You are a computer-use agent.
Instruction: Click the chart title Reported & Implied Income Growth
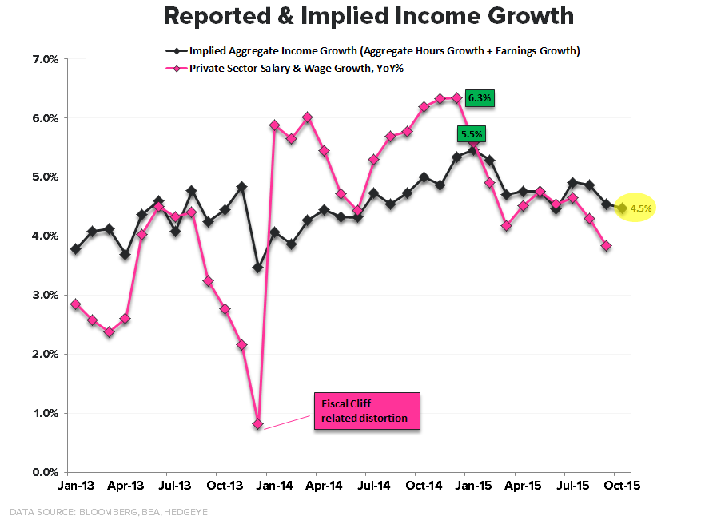pos(368,16)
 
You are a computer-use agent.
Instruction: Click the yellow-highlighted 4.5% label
pos(642,208)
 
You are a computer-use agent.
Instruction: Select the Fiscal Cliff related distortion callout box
pos(365,411)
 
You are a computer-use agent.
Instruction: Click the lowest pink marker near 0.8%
pos(257,424)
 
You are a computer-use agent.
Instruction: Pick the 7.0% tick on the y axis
pos(45,59)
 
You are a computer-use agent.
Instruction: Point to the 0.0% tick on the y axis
pos(45,472)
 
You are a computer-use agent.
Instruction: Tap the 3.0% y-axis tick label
pos(45,296)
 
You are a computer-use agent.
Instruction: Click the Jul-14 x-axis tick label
pos(374,485)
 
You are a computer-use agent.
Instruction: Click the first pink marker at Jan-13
pos(75,304)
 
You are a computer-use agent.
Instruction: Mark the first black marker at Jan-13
pos(75,249)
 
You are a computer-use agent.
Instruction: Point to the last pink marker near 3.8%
pos(607,246)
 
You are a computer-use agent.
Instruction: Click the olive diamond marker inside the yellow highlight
pos(622,208)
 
